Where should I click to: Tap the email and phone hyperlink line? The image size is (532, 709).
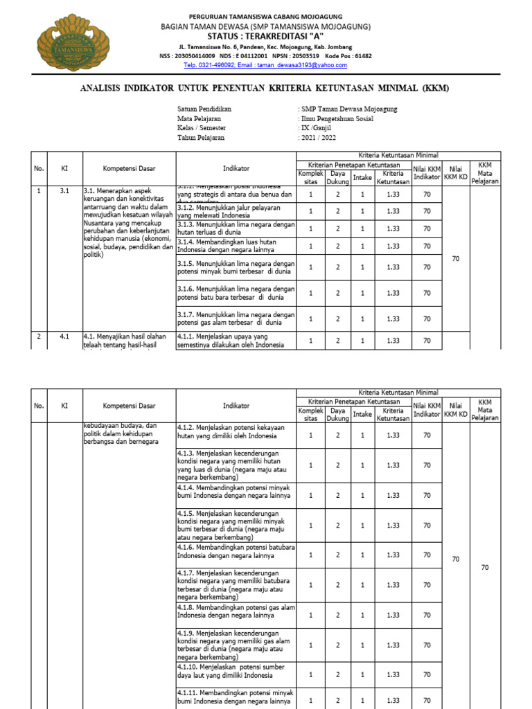pyautogui.click(x=265, y=65)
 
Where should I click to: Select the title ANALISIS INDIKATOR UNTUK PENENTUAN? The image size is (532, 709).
pyautogui.click(x=265, y=88)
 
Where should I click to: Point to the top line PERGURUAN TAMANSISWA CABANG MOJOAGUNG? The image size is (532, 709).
pyautogui.click(x=266, y=16)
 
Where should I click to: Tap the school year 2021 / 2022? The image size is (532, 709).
pyautogui.click(x=319, y=138)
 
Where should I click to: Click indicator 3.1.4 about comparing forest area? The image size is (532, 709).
pyautogui.click(x=236, y=246)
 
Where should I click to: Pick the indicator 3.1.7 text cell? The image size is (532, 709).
pyautogui.click(x=236, y=318)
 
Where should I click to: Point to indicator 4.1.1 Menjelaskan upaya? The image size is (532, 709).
pyautogui.click(x=236, y=340)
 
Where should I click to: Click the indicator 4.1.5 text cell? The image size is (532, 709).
pyautogui.click(x=236, y=525)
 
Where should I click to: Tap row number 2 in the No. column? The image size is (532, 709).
pyautogui.click(x=39, y=336)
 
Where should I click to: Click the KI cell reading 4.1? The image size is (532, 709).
pyautogui.click(x=64, y=336)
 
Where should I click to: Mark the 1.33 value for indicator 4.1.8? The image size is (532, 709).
pyautogui.click(x=393, y=615)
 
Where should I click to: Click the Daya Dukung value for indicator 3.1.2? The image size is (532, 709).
pyautogui.click(x=337, y=211)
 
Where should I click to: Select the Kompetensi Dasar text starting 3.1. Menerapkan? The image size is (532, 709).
pyautogui.click(x=128, y=222)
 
